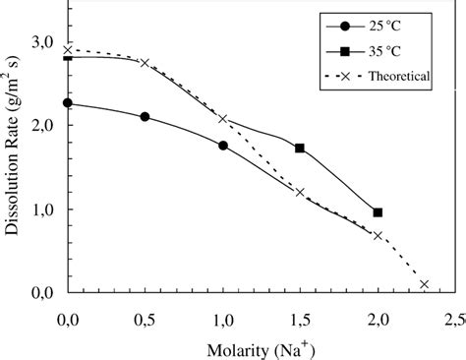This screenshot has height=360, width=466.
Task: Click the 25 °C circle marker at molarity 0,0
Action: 68,103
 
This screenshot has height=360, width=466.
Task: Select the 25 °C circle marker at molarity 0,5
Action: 146,117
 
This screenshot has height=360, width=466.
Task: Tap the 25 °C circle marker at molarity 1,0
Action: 223,146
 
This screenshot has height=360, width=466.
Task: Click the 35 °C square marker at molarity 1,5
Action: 300,149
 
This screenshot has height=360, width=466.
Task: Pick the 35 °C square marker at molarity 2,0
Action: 378,212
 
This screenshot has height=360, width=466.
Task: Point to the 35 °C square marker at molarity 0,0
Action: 68,58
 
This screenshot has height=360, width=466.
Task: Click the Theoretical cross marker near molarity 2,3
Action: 424,284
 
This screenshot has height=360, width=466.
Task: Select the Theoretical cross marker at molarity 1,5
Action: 300,192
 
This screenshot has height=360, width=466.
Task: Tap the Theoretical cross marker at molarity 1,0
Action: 223,119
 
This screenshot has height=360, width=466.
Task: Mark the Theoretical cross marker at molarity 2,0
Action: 378,235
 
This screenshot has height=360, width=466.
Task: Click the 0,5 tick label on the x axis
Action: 146,320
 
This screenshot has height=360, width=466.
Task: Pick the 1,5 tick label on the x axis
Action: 300,320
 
